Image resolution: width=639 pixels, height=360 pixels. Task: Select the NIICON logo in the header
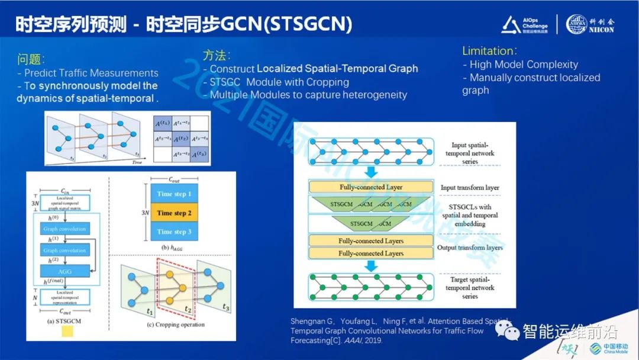(x=590, y=24)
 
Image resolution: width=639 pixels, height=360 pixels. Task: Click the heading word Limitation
(x=488, y=51)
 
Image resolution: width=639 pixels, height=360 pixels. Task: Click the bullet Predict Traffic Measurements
(x=91, y=73)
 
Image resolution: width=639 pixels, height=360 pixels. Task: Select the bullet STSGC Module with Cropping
(x=279, y=82)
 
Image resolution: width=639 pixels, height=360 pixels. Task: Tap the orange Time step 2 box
(x=174, y=213)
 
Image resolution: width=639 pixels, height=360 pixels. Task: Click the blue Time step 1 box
(x=174, y=194)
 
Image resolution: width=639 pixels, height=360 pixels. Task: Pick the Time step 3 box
(x=174, y=232)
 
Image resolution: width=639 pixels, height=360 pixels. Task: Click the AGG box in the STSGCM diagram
(x=65, y=270)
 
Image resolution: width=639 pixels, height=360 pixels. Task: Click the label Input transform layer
(x=470, y=188)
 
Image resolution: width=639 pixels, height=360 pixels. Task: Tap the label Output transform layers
(x=470, y=247)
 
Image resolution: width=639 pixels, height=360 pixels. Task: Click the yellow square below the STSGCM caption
(x=67, y=331)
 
